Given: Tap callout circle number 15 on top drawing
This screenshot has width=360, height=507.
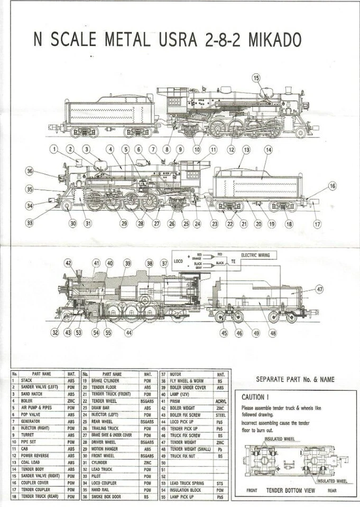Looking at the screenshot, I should click(x=256, y=78).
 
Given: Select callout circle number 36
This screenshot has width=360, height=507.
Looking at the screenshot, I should click(x=30, y=171).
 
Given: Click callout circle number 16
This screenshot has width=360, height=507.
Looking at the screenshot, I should click(x=332, y=186).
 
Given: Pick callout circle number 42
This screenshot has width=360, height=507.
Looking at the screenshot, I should click(x=68, y=263).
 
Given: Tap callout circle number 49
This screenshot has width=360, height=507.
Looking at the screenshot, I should click(x=256, y=333).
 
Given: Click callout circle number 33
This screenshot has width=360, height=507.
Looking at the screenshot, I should click(x=30, y=223).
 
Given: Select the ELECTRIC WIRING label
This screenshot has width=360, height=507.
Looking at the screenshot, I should click(x=255, y=255).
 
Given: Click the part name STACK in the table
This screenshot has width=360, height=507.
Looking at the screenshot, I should click(x=26, y=380).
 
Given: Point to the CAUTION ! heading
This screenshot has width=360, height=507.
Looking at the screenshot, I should click(x=256, y=397).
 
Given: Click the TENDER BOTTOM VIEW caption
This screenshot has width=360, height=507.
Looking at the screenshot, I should click(x=291, y=490).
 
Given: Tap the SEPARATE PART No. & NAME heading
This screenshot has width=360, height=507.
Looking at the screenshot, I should click(x=295, y=379).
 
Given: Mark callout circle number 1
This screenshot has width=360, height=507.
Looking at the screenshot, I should click(x=54, y=149).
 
